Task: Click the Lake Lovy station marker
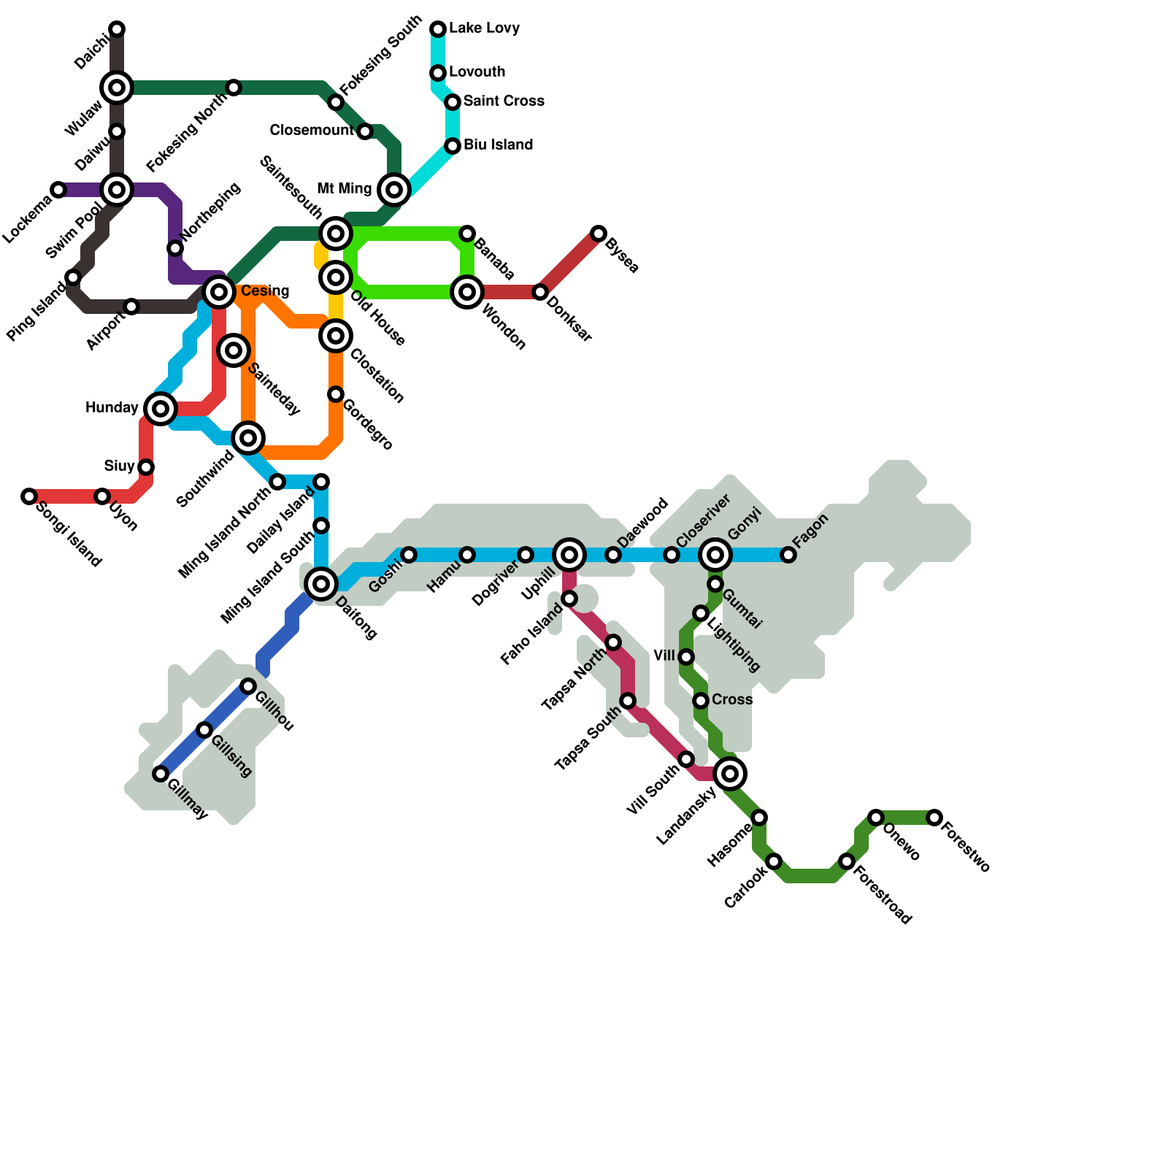(438, 29)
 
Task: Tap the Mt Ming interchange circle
(394, 190)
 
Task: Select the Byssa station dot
(599, 234)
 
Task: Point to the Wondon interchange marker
(467, 292)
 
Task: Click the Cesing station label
(265, 291)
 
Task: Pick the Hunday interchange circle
(161, 409)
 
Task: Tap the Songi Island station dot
(29, 496)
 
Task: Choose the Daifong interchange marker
(321, 584)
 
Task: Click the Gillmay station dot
(161, 774)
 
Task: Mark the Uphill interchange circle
(569, 555)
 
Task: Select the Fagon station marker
(788, 555)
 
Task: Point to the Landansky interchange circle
(730, 774)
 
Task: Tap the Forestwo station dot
(934, 818)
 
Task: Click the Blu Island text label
(498, 145)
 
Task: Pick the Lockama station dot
(58, 190)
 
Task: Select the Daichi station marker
(117, 29)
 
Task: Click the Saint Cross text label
(504, 101)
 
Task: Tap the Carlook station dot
(774, 861)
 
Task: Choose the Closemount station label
(312, 130)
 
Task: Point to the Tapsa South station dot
(628, 701)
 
